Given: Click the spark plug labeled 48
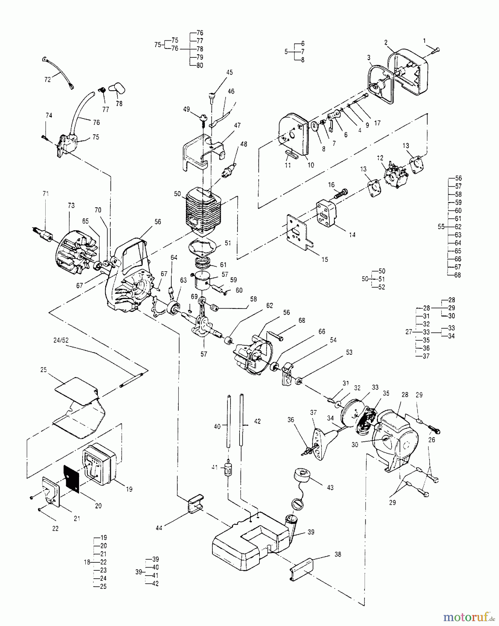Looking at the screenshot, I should click(x=228, y=170).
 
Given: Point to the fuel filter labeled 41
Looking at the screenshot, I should click(x=228, y=468).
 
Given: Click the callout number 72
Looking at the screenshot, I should click(x=47, y=80).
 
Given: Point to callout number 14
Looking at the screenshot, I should click(x=352, y=235).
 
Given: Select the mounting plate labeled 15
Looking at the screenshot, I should click(x=298, y=236).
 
